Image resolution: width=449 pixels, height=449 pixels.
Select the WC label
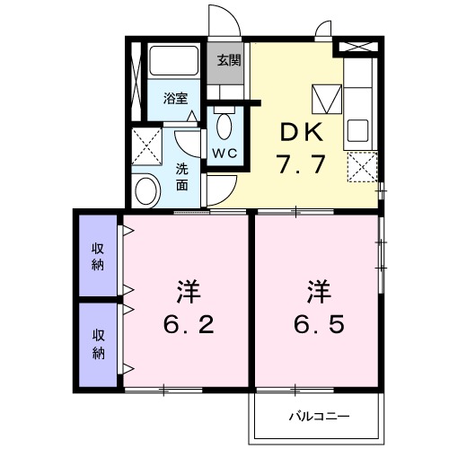pos(224,152)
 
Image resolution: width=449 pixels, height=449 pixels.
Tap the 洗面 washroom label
pos(182,176)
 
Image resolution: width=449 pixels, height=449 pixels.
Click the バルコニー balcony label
pos(319,417)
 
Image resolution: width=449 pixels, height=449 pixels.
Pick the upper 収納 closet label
pos(97,256)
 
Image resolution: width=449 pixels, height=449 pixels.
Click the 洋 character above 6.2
pos(187,292)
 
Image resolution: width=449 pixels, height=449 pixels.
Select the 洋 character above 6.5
pos(320,292)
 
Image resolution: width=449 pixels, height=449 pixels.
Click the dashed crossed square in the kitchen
pos(362,167)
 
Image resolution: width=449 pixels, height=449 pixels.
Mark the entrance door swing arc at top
pos(223,18)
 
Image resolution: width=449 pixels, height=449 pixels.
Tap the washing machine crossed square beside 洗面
pos(146,144)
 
